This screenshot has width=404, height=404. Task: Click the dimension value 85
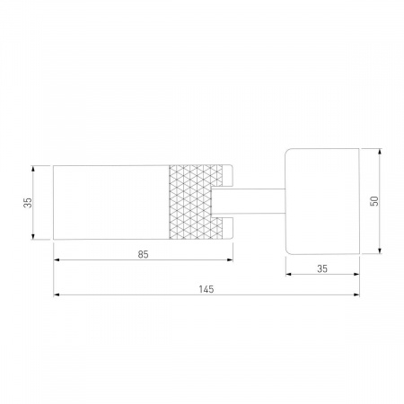(x=143, y=254)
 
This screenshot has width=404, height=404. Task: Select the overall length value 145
(x=206, y=289)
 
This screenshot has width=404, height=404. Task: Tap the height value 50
(x=374, y=201)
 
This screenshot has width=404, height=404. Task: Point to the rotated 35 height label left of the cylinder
(x=28, y=203)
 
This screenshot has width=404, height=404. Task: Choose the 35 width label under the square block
(x=322, y=268)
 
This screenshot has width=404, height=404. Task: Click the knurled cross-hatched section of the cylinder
(x=196, y=202)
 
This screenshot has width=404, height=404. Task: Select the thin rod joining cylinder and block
(x=248, y=202)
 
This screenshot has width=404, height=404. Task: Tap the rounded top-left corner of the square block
(x=287, y=151)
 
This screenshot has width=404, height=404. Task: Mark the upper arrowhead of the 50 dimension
(x=380, y=152)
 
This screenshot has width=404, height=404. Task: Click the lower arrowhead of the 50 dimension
(x=380, y=250)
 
